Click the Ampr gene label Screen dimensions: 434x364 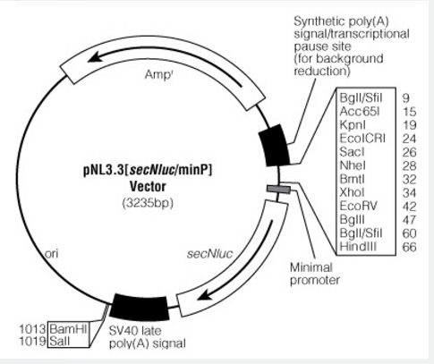158,74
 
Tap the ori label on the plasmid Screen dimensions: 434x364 52,254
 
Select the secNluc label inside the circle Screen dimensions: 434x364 209,254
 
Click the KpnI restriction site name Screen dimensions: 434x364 353,125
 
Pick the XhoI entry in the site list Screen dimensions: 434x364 352,192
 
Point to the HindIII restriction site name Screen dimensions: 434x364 358,247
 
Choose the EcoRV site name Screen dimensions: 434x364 358,206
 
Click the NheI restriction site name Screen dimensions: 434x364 353,165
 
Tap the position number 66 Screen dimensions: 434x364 409,247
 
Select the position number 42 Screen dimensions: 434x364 409,207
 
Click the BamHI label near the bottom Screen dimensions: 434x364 68,329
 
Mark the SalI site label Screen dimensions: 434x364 60,341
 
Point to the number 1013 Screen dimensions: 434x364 32,329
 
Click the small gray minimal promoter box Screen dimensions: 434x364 279,190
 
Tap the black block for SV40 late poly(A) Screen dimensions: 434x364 140,307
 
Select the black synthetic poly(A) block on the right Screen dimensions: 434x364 274,145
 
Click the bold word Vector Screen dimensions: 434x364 148,187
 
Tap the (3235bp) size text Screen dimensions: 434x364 148,203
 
